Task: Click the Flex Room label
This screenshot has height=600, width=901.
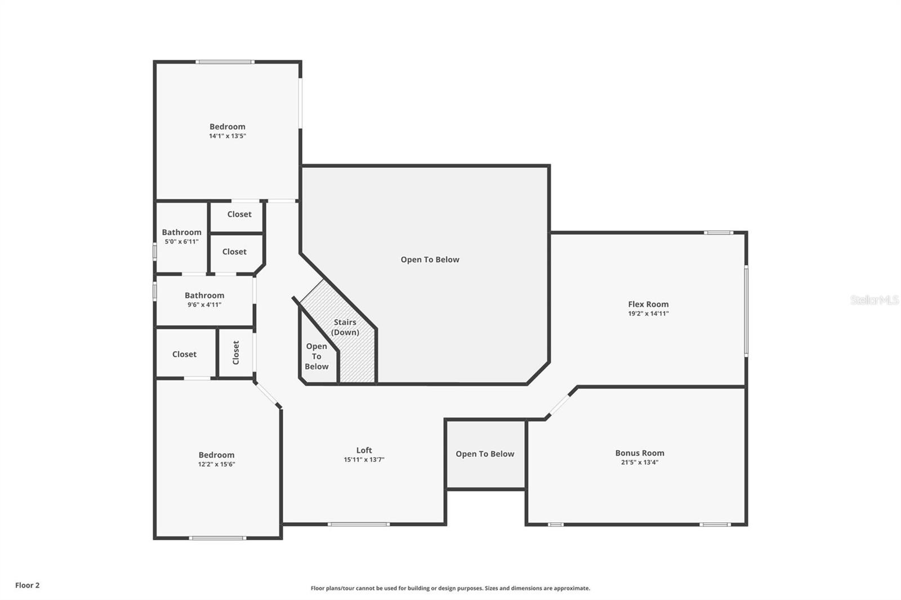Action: (648, 304)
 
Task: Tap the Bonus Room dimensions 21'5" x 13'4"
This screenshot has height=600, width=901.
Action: (639, 463)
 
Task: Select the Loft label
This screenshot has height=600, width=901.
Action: (364, 450)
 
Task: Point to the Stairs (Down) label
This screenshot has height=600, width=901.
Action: (345, 327)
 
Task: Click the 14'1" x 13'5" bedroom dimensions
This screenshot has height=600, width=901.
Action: (228, 136)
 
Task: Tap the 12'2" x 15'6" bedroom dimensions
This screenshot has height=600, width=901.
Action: (216, 464)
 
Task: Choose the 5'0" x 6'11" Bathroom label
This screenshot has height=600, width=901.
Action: (181, 232)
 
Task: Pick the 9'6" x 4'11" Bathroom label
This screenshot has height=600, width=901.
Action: (204, 295)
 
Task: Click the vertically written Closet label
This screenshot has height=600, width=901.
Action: (236, 352)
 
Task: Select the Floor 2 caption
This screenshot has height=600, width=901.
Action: (27, 585)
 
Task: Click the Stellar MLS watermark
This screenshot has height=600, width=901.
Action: (875, 300)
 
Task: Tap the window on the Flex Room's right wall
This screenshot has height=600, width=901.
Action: (746, 311)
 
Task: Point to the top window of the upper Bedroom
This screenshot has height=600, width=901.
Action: (225, 62)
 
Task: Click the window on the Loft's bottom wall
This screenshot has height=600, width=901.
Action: (359, 525)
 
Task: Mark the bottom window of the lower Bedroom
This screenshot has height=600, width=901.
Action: (217, 538)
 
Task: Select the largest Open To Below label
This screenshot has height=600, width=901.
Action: (430, 259)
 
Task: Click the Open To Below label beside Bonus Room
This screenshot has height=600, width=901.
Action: (485, 454)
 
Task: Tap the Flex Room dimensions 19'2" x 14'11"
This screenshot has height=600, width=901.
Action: (648, 314)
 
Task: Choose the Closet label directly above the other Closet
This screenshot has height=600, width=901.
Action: (239, 214)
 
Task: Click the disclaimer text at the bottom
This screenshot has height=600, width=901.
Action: (450, 588)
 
